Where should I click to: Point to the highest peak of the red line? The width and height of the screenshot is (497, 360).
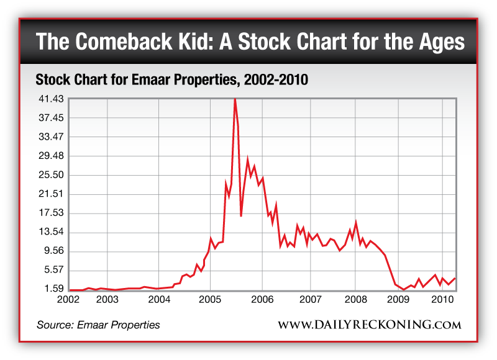[235, 99]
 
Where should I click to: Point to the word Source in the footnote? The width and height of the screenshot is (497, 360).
[54, 325]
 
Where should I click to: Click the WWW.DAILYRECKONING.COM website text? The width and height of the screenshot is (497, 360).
[369, 325]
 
